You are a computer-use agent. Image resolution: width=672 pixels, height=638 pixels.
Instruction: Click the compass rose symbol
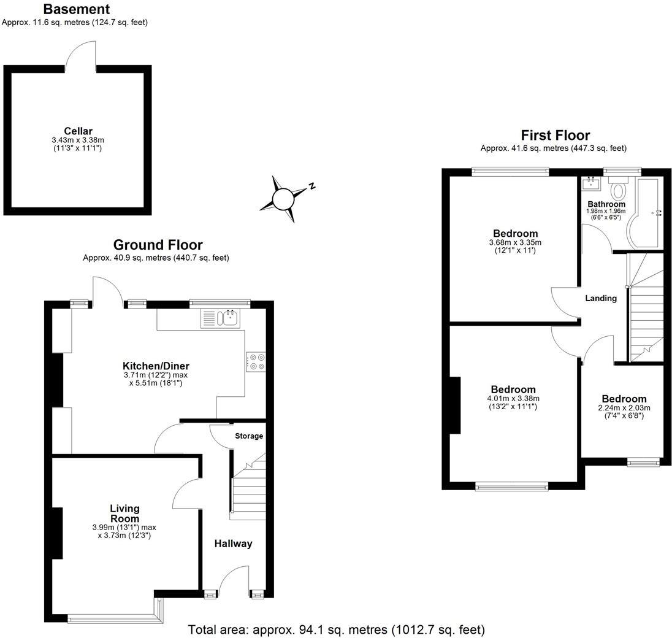(283, 199)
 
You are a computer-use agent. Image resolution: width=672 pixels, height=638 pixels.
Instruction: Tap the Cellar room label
(78, 131)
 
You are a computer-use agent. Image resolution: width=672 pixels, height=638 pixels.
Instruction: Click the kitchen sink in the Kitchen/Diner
(231, 317)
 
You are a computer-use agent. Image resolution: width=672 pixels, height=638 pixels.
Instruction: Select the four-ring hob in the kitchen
(256, 361)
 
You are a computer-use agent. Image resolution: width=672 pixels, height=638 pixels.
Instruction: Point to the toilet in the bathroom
(618, 189)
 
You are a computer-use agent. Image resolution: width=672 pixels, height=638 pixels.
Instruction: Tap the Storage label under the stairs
(249, 436)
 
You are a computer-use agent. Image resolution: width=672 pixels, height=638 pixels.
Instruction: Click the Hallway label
(233, 544)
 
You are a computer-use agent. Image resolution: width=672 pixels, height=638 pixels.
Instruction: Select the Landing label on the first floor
(600, 298)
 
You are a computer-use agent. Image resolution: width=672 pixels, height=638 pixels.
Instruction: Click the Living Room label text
(124, 513)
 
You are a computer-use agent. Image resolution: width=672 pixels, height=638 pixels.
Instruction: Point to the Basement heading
(77, 9)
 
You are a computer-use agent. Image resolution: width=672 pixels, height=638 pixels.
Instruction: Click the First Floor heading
(555, 135)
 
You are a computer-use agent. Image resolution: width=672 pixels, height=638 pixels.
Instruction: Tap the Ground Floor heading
(158, 245)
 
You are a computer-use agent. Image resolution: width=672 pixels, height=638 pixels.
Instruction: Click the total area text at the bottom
(336, 629)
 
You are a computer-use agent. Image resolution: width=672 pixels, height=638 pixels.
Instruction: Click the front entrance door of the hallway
(234, 580)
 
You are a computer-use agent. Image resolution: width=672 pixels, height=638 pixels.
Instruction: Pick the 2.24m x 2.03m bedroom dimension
(624, 408)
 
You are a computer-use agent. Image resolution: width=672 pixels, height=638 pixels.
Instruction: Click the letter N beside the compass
(311, 186)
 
